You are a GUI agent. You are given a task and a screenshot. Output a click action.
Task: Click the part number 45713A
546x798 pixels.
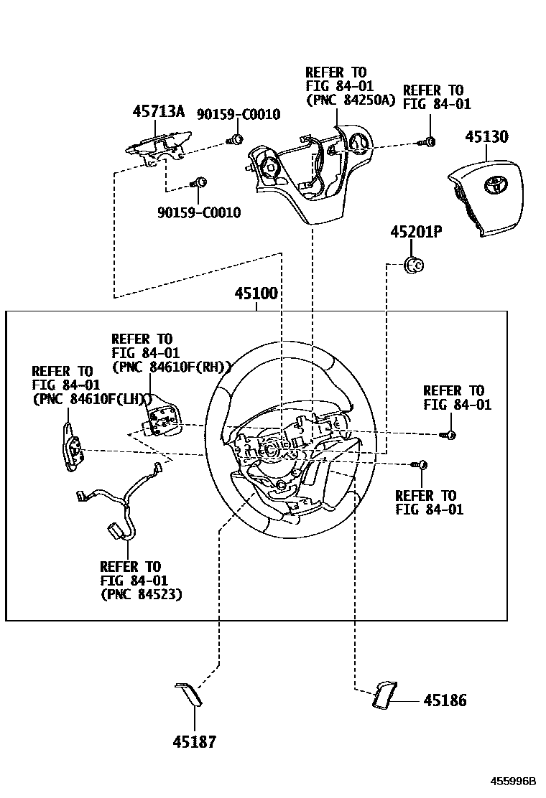tap(158, 111)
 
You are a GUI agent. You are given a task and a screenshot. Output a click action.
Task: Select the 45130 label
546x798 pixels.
tap(486, 136)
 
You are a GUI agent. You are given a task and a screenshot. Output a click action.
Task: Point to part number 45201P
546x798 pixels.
tap(417, 233)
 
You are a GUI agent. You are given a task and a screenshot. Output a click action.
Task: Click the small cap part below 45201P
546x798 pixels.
tap(415, 265)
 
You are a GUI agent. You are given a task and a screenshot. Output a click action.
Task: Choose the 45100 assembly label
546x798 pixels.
tap(256, 294)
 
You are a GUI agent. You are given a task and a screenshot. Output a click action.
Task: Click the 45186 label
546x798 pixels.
tap(445, 700)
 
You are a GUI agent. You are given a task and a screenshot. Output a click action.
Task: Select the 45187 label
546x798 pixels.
tap(194, 742)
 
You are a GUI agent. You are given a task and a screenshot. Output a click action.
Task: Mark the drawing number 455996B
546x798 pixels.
tap(514, 781)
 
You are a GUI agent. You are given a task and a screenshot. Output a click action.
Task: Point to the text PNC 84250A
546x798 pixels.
tap(351, 100)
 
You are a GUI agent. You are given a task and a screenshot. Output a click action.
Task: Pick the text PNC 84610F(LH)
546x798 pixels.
tap(91, 400)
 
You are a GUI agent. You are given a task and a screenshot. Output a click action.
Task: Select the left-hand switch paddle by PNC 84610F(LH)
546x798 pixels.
tap(72, 448)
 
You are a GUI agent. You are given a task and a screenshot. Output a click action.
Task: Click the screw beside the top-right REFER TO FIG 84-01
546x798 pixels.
tap(429, 141)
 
